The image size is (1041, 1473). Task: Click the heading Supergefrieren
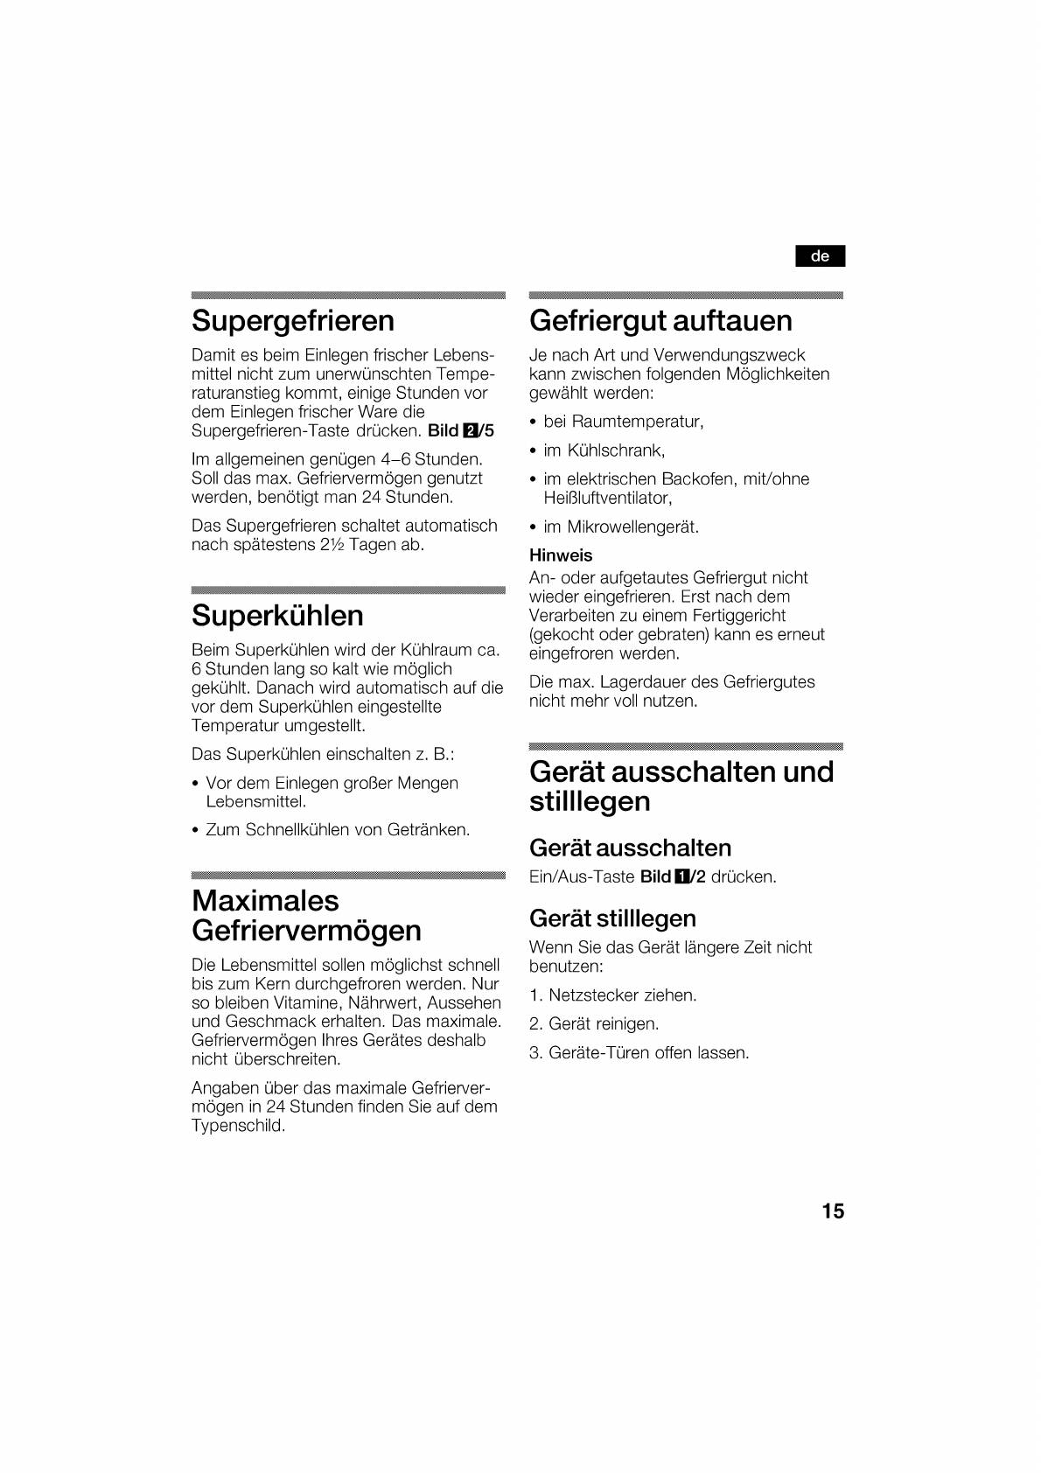click(x=293, y=321)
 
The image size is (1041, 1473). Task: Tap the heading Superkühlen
click(x=277, y=616)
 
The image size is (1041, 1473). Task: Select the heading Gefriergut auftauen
click(x=660, y=321)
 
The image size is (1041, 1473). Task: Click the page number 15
click(x=833, y=1211)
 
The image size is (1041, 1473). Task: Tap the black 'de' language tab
click(x=820, y=256)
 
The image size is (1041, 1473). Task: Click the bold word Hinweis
click(x=561, y=555)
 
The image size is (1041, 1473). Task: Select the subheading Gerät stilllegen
click(x=612, y=918)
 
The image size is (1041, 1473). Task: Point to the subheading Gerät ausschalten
click(x=630, y=848)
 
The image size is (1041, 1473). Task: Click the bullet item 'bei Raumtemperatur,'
click(x=623, y=422)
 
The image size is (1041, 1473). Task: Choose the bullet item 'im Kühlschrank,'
click(x=604, y=450)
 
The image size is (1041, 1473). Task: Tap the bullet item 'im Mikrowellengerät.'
click(x=621, y=527)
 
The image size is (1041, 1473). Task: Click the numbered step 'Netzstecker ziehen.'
click(x=622, y=995)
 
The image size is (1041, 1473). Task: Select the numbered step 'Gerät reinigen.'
click(x=604, y=1023)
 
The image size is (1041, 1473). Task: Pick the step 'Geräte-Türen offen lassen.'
click(x=648, y=1052)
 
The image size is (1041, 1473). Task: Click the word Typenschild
click(x=238, y=1126)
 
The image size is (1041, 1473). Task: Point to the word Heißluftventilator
click(x=607, y=498)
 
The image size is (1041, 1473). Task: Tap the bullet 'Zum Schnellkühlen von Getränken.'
click(x=338, y=829)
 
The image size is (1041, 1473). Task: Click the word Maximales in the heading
click(x=265, y=901)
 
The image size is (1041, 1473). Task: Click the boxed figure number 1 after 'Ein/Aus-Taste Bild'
click(x=682, y=876)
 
